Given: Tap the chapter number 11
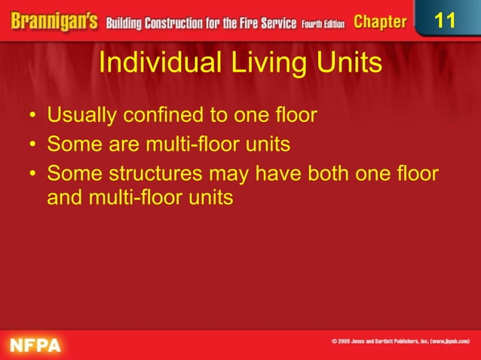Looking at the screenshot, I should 446,20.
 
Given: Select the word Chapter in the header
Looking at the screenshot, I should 380,21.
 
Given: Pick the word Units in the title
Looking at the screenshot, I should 345,63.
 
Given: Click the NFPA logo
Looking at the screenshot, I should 35,344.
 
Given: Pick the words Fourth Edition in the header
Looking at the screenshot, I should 323,23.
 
